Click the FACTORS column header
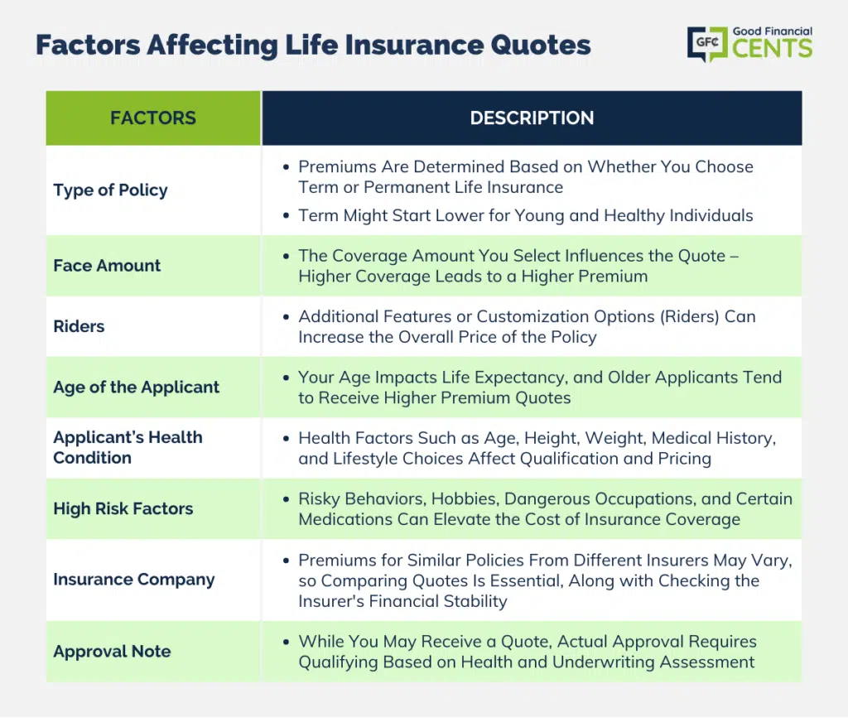coord(153,118)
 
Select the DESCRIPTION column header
coord(532,118)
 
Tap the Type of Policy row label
coord(110,190)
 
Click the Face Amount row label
coord(107,266)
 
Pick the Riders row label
coord(79,326)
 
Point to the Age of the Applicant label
coord(137,388)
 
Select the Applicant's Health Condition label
coord(128,447)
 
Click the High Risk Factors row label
coord(123,508)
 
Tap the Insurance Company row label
coord(134,580)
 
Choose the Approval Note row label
coord(112,652)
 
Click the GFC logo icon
coord(707,43)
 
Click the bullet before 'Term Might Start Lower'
coord(286,216)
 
